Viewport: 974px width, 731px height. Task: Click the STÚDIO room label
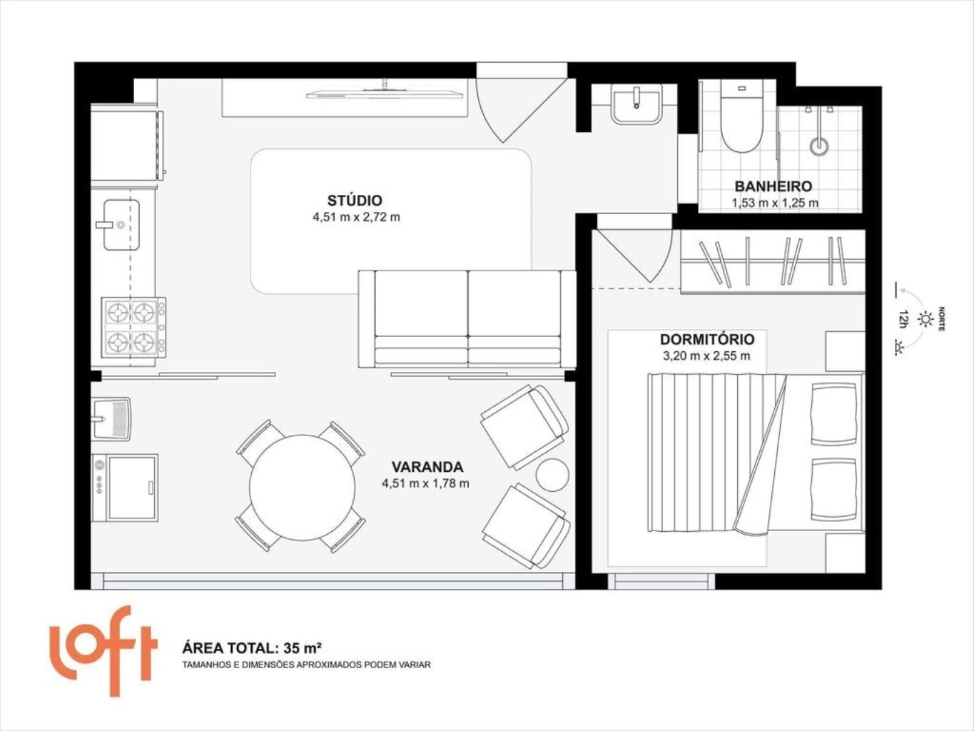click(355, 201)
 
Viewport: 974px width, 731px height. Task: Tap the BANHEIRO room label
click(773, 186)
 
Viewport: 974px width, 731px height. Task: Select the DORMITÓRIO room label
click(707, 340)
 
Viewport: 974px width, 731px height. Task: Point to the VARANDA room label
click(427, 467)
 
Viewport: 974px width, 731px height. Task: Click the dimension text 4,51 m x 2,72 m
click(356, 217)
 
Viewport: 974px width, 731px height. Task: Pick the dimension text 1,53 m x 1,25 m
click(775, 203)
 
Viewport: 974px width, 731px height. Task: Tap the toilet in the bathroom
click(741, 116)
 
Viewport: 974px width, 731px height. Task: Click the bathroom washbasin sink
click(636, 104)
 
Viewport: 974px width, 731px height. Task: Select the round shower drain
click(818, 146)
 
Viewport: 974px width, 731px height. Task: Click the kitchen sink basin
click(121, 225)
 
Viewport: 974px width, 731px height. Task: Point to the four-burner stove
click(133, 328)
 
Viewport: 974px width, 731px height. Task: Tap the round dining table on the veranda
click(302, 487)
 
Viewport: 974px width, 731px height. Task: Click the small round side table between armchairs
click(552, 475)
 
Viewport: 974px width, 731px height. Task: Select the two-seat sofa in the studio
click(467, 319)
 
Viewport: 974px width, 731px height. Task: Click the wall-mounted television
click(385, 93)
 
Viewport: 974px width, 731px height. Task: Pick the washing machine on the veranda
click(125, 488)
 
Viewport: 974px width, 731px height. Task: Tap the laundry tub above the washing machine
click(111, 418)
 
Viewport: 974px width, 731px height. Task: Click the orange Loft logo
click(103, 651)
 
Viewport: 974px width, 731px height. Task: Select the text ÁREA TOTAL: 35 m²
click(252, 648)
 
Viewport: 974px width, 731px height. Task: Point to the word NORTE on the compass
click(941, 318)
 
